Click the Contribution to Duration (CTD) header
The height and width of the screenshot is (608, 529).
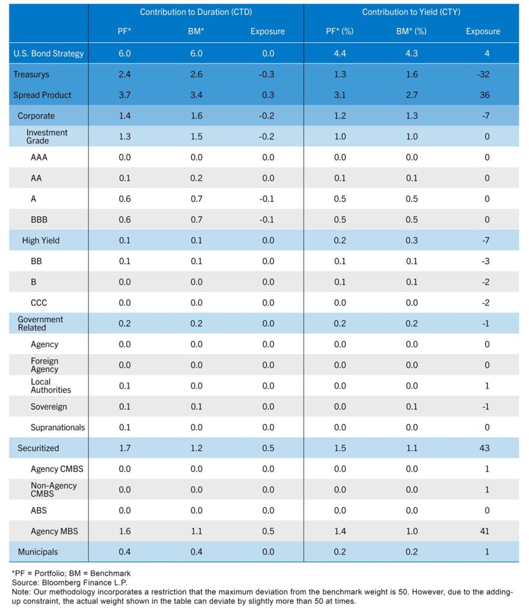click(x=196, y=12)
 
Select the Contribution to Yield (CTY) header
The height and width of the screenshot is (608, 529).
click(x=411, y=12)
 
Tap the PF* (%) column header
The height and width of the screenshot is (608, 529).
click(x=339, y=31)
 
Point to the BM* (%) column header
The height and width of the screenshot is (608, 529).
click(x=411, y=31)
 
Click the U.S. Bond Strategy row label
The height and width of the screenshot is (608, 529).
click(x=49, y=53)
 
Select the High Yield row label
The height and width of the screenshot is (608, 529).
click(x=40, y=240)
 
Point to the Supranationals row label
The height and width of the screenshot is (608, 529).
click(x=58, y=427)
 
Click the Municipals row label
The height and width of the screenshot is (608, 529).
click(x=38, y=552)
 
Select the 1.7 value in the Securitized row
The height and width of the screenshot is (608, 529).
click(x=124, y=448)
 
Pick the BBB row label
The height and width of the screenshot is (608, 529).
click(x=40, y=220)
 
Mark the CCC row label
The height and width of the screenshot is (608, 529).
click(x=40, y=303)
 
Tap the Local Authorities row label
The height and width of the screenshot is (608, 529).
click(x=50, y=386)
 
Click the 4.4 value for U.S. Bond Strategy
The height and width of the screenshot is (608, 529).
click(x=339, y=53)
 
